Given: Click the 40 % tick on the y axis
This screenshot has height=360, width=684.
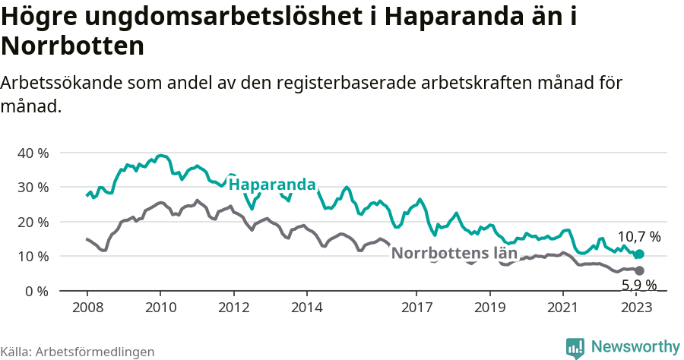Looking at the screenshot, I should pos(33,153).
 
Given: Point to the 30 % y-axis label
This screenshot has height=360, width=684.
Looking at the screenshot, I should pos(33,188).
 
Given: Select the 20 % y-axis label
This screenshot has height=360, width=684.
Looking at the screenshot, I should pos(33,222).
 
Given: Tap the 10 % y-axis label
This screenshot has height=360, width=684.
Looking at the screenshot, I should pos(33,257).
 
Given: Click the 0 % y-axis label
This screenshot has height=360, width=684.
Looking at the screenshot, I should pos(36,291).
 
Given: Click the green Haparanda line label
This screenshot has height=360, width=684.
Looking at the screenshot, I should pos(272,185).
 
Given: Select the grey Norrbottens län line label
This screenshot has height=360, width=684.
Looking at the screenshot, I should pos(454,253).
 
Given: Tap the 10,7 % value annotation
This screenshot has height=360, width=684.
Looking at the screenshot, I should pos(638,237).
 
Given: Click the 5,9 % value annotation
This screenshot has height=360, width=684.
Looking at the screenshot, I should pos(638,286).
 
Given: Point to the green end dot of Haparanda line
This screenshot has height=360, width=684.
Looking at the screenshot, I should pos(639,254).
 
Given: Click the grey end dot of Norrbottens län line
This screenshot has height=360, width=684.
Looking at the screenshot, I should pos(639,270).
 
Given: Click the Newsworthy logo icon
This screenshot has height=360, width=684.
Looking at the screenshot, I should pos(575,347).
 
